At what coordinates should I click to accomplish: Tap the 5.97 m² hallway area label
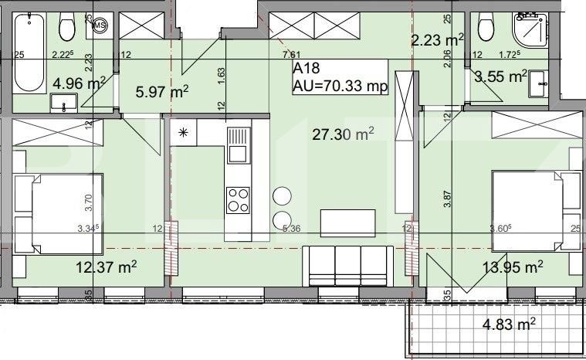pyautogui.click(x=162, y=93)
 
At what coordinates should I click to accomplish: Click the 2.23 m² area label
pyautogui.click(x=436, y=41)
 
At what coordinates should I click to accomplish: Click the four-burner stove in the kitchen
pyautogui.click(x=239, y=200)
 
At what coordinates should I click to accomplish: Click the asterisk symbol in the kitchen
pyautogui.click(x=184, y=132)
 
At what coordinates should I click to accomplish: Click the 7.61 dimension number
pyautogui.click(x=291, y=54)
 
